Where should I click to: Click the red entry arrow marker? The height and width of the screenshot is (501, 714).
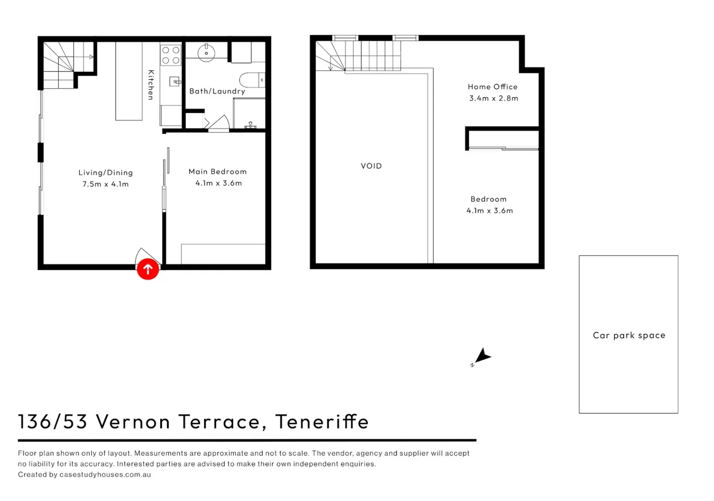point(148,269)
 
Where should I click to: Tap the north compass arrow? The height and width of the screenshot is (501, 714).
point(482,356)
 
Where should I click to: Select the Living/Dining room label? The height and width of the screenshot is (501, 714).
point(106,173)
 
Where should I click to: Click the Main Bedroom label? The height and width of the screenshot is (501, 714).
point(217,172)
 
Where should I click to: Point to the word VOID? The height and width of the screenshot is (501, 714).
point(371,166)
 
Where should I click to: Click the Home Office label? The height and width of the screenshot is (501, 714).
point(493,87)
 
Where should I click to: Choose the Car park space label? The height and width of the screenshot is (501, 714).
point(629,335)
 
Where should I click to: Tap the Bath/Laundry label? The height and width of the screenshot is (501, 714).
point(217,91)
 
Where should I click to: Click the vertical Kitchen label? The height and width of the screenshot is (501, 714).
point(151,85)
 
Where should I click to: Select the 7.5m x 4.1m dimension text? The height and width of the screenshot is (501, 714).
point(106,184)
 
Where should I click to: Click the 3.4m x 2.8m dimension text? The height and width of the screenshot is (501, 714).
point(493,98)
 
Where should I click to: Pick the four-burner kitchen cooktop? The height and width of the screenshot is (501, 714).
point(171,55)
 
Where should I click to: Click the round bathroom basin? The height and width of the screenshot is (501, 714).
point(206,53)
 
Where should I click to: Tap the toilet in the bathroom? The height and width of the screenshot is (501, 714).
point(252,80)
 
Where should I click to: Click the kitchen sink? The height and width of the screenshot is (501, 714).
point(175,82)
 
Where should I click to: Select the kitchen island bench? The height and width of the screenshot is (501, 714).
point(129,81)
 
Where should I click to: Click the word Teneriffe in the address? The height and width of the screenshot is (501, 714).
point(322,422)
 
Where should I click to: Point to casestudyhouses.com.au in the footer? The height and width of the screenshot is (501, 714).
point(105,475)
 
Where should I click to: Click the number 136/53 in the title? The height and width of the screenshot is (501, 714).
point(52,422)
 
